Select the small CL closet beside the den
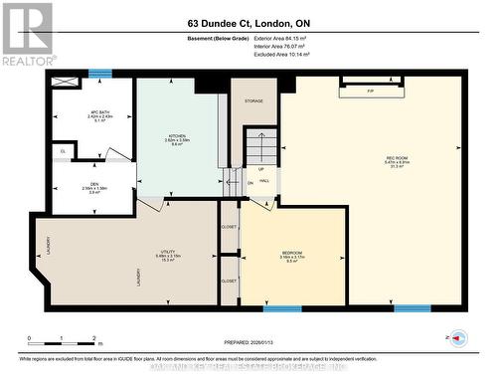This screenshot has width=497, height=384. pyautogui.click(x=63, y=150)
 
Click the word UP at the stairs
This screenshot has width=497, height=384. pyautogui.click(x=261, y=168)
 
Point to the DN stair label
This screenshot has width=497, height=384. pyautogui.click(x=250, y=183)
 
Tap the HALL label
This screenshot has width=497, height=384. pyautogui.click(x=264, y=180)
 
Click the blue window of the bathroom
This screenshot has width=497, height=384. pyautogui.click(x=99, y=73)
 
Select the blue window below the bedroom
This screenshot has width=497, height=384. pyautogui.click(x=282, y=308)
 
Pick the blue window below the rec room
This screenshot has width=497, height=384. pyautogui.click(x=412, y=308)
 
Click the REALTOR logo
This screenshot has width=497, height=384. pyautogui.click(x=27, y=34)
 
